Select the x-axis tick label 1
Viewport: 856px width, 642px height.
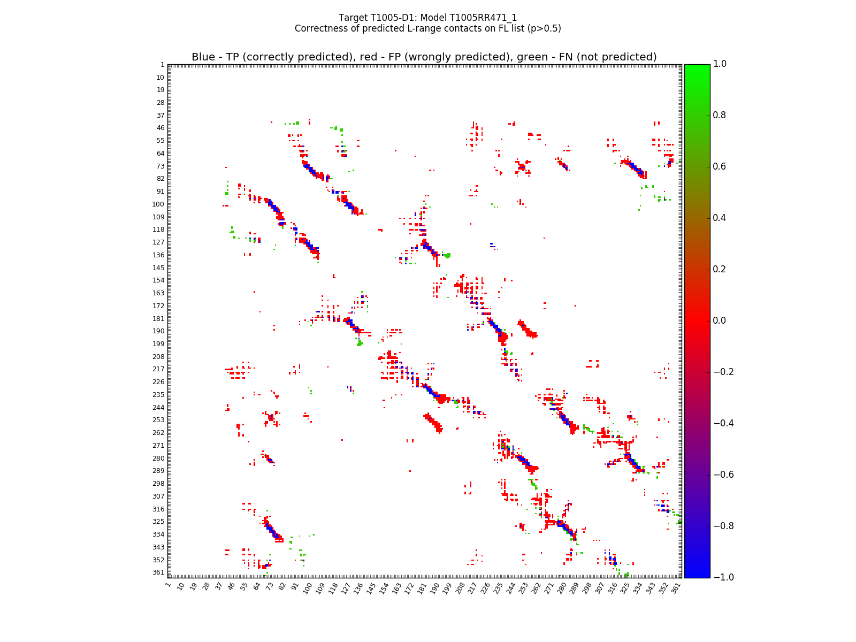coord(169,585)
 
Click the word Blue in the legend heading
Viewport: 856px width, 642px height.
coord(203,57)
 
